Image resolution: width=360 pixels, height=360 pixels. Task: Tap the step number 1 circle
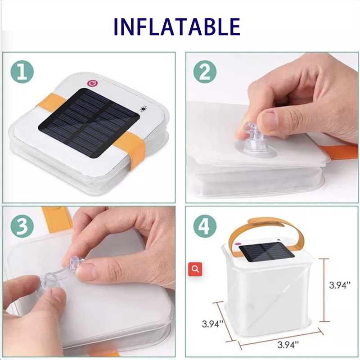(22, 72)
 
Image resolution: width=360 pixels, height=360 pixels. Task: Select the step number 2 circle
(205, 72)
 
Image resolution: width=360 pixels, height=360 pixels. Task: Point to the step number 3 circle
(22, 227)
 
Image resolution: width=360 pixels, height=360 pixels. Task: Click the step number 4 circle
(205, 227)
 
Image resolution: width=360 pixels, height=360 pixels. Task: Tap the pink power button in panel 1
(92, 83)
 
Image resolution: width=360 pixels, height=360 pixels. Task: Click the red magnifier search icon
(195, 269)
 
